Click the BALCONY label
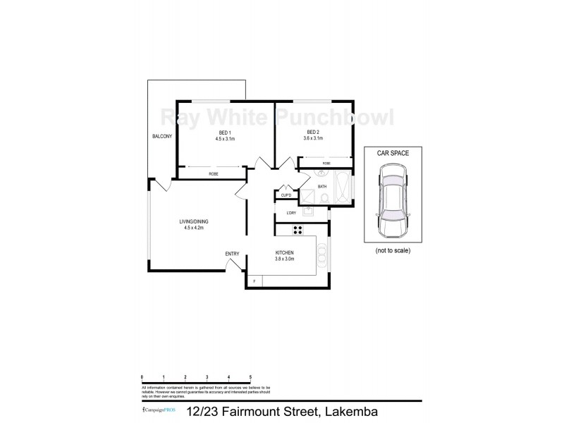coord(161,136)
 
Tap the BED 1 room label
coord(224,133)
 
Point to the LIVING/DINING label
coord(193,222)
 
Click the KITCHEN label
coord(284,253)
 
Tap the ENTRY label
coord(232,254)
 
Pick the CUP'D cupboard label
coord(287,195)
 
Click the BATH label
coord(322,187)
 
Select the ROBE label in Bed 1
coord(213,173)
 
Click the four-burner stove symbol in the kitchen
coord(297,228)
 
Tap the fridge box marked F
coord(254,281)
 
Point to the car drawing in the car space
coord(393,201)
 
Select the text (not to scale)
coord(393,250)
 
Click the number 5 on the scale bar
coord(250,378)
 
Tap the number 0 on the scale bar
coord(142,378)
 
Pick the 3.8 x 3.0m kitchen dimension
coord(284,259)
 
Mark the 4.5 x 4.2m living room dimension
coord(193,228)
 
